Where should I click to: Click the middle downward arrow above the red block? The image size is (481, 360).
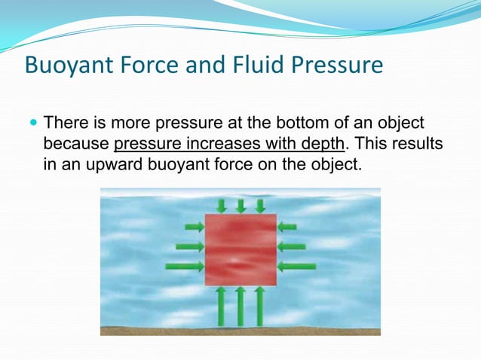pos(240,206)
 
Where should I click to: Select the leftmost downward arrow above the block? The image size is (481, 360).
pos(221,206)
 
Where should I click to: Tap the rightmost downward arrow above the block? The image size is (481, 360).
pos(260,206)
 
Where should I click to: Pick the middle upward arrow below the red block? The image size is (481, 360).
pos(240,305)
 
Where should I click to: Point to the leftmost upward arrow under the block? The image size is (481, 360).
pos(221,305)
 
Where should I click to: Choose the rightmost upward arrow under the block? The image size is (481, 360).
pos(260,305)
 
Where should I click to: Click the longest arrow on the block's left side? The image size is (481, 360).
pos(184,265)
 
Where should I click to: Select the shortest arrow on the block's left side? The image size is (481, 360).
pos(194,226)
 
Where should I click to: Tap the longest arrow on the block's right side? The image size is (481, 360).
pos(297,265)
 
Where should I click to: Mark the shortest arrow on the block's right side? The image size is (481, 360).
pos(287,226)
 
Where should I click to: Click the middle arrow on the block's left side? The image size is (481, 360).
pos(189,246)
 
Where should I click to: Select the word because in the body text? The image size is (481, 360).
pos(76,142)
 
